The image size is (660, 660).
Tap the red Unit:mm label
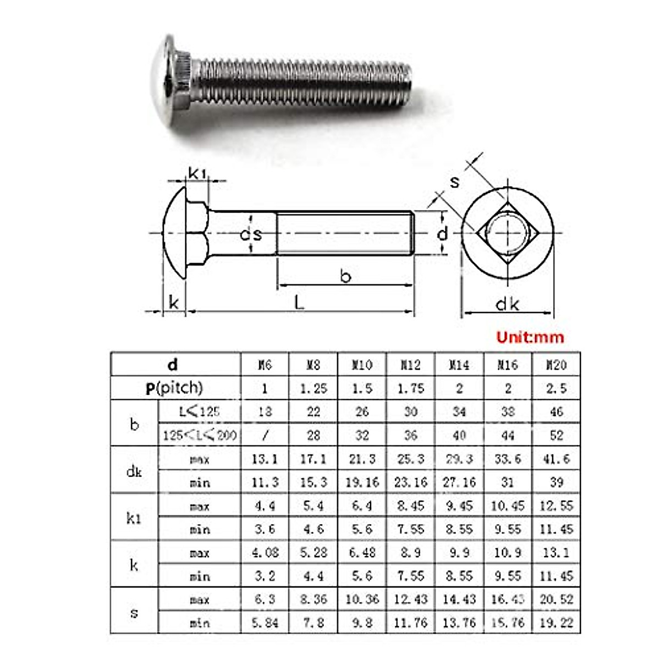(530, 337)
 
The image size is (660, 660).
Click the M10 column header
(362, 365)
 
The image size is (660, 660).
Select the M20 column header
(556, 365)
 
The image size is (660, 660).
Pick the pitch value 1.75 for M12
(410, 388)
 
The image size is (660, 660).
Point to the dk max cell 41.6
(556, 459)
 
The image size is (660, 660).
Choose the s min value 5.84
(265, 623)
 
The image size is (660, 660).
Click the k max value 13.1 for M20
(556, 553)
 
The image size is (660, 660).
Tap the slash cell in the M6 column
(265, 436)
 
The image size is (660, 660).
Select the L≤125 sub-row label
(199, 411)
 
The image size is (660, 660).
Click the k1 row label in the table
(134, 518)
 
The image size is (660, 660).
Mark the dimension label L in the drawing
(299, 302)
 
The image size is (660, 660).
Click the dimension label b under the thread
(345, 276)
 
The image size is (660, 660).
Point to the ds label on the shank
(251, 234)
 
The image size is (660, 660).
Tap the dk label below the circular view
(507, 304)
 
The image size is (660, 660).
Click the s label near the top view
(454, 182)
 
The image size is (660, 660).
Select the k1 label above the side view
(197, 173)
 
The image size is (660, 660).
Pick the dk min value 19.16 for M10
(362, 482)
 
